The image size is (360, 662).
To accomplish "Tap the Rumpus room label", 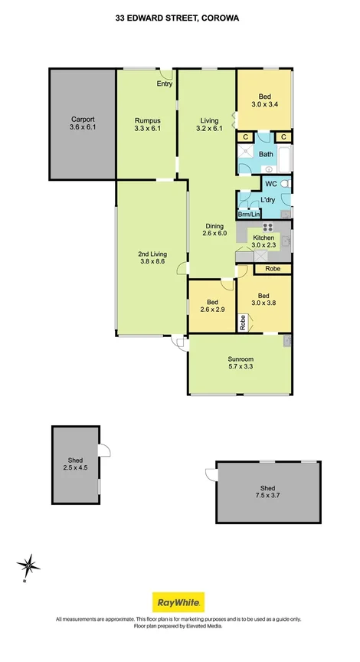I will point(147,120).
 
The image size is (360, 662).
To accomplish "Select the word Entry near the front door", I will point(165,84).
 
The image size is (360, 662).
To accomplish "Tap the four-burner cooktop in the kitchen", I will point(268,226).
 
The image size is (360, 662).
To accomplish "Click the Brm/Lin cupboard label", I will point(249,215).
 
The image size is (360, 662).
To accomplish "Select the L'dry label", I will point(267,200).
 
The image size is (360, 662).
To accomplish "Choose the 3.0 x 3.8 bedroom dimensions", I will point(264,303).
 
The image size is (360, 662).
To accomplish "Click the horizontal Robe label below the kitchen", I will point(273,269).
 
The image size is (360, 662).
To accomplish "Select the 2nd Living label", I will point(152,254).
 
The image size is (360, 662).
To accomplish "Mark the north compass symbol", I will point(29,567).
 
